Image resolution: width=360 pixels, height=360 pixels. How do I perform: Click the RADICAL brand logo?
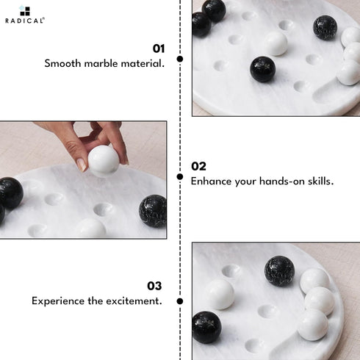click(x=25, y=15)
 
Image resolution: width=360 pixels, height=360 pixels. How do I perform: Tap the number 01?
click(x=159, y=48)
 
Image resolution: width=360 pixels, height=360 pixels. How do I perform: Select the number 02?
click(x=198, y=166)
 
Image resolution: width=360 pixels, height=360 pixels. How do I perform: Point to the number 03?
click(x=154, y=286)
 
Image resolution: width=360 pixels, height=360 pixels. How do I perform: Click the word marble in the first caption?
click(x=101, y=64)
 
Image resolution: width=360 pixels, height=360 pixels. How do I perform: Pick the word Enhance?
click(x=212, y=181)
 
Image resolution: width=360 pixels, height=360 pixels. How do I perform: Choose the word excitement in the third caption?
click(x=134, y=301)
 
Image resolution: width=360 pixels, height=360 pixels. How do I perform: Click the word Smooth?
click(x=62, y=64)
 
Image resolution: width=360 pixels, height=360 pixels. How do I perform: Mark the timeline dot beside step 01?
click(x=180, y=59)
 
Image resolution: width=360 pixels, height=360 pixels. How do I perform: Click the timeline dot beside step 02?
click(x=180, y=176)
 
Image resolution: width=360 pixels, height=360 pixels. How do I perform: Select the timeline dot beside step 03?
click(x=180, y=301)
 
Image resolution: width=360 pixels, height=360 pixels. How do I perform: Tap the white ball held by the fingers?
click(x=104, y=161)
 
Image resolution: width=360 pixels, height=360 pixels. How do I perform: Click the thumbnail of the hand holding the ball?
click(x=83, y=180)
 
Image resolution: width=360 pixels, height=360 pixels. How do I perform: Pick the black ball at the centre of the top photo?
click(x=263, y=69)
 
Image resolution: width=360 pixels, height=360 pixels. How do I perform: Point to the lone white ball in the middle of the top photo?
click(x=276, y=44)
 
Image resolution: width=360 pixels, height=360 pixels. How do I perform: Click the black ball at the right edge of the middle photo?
click(x=153, y=211)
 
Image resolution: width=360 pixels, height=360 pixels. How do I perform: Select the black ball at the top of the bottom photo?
click(x=280, y=271)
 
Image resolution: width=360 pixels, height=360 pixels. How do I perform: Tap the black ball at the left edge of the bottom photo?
click(x=206, y=327)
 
